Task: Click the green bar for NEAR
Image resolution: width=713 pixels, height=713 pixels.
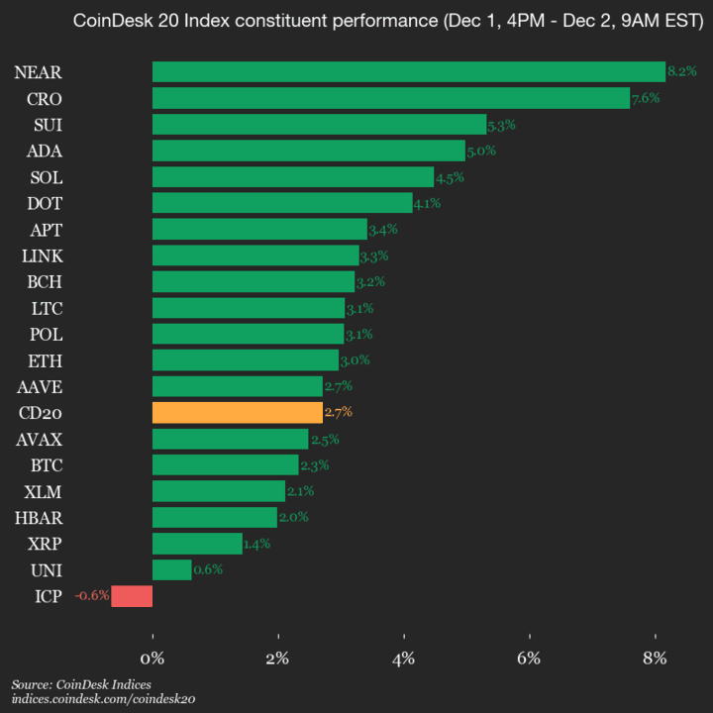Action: click(x=408, y=71)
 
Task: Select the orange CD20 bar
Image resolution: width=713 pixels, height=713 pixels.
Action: click(x=238, y=412)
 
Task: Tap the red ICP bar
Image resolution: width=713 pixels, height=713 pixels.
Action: click(x=132, y=596)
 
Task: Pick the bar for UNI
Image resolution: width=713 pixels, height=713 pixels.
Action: click(x=172, y=569)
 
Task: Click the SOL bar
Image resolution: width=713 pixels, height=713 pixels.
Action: click(x=293, y=176)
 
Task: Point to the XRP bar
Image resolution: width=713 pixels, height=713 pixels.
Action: click(x=197, y=544)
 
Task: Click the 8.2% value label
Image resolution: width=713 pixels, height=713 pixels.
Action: click(x=682, y=71)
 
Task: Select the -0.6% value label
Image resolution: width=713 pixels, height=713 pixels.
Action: click(x=91, y=596)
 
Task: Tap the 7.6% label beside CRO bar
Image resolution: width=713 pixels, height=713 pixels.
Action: click(x=645, y=98)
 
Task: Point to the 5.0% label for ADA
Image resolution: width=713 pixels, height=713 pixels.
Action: click(x=480, y=151)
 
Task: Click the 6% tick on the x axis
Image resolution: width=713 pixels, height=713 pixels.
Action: click(x=530, y=658)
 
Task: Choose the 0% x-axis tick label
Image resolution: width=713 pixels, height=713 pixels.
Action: click(x=153, y=658)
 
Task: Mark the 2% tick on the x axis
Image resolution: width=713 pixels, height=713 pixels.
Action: click(x=278, y=658)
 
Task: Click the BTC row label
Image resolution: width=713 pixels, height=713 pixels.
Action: click(x=47, y=464)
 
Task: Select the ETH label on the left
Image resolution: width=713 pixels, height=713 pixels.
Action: click(x=47, y=359)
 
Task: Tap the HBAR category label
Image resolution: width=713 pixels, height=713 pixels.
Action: click(x=40, y=517)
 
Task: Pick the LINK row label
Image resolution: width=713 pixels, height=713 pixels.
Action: click(x=42, y=255)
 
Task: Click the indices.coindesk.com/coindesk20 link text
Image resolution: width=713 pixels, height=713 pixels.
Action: click(x=104, y=699)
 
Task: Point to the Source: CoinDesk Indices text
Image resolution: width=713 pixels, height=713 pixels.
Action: click(x=81, y=685)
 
